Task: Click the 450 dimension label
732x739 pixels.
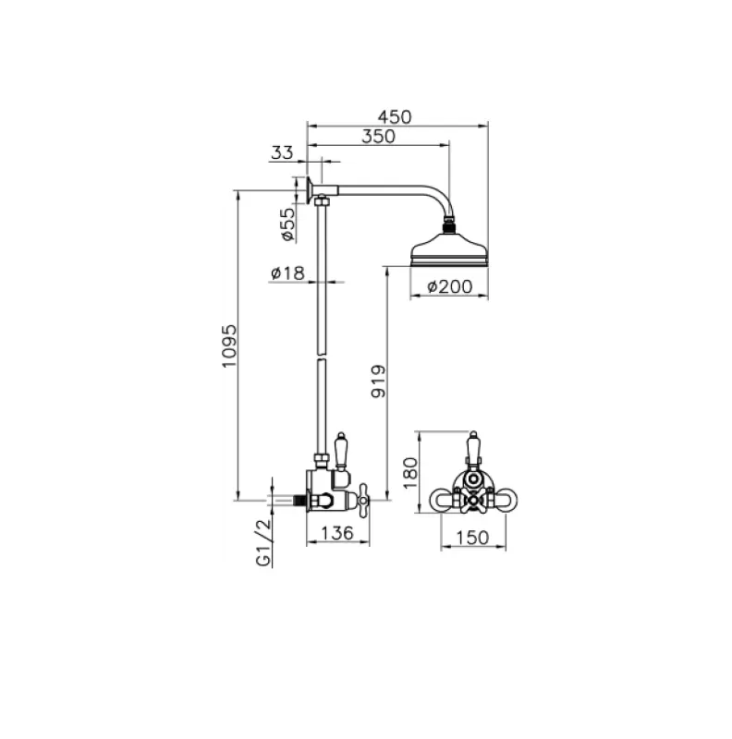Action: pos(396,116)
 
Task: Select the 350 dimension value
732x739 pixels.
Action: pos(378,137)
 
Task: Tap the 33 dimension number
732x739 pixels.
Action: pos(283,152)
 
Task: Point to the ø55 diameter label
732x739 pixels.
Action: pos(287,224)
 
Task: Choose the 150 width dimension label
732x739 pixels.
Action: pos(473,536)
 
